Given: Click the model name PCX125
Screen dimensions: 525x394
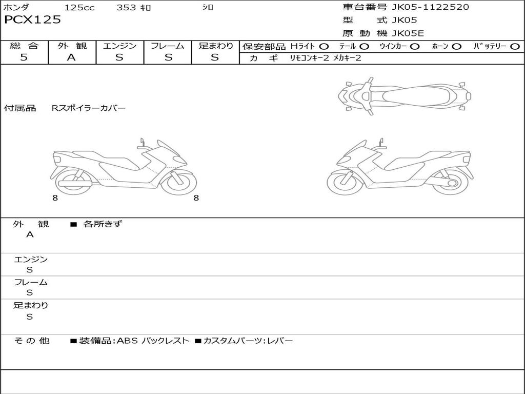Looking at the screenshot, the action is pos(32,19).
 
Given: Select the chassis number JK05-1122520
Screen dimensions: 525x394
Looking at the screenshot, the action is pos(430,7).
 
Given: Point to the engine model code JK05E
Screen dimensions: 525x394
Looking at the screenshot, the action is pos(408,33).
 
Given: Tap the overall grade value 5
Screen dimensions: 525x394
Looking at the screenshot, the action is pos(24,57).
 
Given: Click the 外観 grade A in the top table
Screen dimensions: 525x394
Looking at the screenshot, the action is pos(71,57).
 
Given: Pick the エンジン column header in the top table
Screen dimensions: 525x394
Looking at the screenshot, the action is pos(119,46).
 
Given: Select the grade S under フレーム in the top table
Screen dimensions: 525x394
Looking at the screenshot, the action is pos(168,57).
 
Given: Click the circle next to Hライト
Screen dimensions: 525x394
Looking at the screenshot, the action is pos(324,47).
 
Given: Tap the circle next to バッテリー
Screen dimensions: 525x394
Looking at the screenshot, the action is pos(515,47).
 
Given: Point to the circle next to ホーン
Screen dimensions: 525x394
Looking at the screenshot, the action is pos(456,47).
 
